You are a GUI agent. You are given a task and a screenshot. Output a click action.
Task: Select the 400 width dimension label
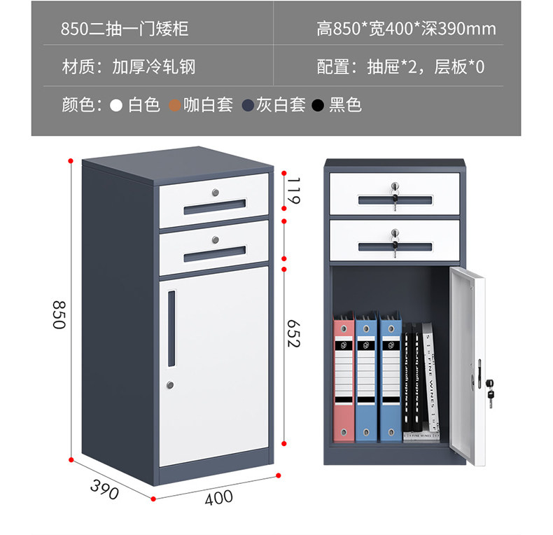(x=218, y=498)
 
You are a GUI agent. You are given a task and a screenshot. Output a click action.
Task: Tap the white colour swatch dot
(x=117, y=106)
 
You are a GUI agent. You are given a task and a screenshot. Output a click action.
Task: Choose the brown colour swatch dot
(x=174, y=106)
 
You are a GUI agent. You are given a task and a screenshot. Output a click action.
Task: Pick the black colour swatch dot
(x=318, y=106)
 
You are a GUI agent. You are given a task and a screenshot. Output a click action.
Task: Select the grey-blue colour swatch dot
(x=247, y=106)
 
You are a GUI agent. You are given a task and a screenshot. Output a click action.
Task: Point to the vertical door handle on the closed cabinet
(x=172, y=328)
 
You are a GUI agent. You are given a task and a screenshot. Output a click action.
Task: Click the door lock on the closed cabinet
(x=170, y=384)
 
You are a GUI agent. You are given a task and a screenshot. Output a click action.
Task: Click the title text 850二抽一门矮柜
(x=125, y=29)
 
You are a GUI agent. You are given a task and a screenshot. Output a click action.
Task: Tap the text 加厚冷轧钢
(x=153, y=67)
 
